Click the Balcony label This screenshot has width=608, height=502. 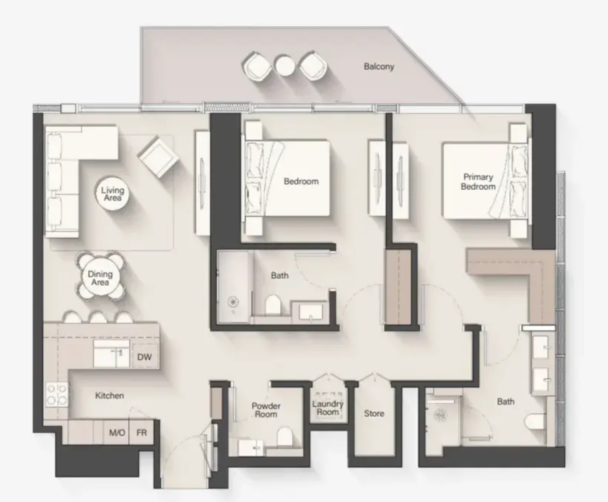click(379, 67)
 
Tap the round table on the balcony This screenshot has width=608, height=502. click(285, 66)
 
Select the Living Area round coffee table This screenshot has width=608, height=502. click(113, 194)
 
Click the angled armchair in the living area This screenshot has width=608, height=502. click(158, 157)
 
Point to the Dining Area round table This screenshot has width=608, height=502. click(100, 278)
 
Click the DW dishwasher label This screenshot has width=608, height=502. click(144, 357)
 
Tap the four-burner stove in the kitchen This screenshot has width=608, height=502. click(57, 394)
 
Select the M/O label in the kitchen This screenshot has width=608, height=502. click(117, 433)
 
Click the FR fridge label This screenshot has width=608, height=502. click(142, 433)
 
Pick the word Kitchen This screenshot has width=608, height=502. click(110, 395)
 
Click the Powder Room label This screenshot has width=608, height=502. click(266, 410)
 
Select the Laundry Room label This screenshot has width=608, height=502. click(328, 408)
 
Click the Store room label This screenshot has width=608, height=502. click(374, 413)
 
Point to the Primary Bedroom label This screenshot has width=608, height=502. click(478, 182)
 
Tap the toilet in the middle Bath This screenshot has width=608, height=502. click(273, 305)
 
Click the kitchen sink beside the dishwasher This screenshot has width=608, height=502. click(111, 354)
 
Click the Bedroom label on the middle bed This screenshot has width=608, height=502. click(301, 182)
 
